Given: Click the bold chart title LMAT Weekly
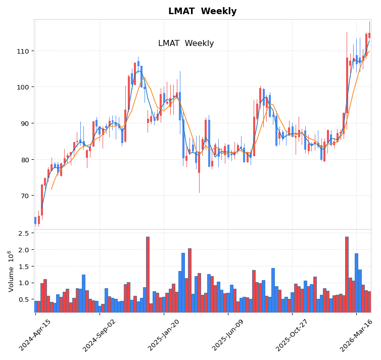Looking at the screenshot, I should [202, 11].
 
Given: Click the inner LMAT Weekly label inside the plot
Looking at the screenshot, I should [186, 43].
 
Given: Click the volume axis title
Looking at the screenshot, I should [11, 271].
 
